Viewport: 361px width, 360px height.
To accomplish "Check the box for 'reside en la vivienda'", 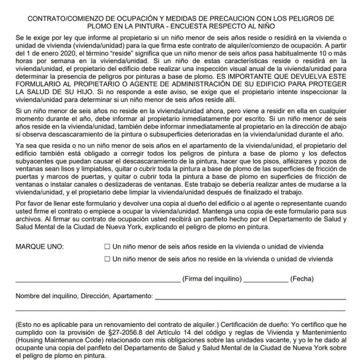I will click(108, 246).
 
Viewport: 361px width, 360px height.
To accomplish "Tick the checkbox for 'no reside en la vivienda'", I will click(108, 259).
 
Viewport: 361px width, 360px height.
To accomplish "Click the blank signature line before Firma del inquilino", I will click(98, 281).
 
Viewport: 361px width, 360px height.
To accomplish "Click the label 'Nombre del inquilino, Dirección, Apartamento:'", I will click(84, 296).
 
